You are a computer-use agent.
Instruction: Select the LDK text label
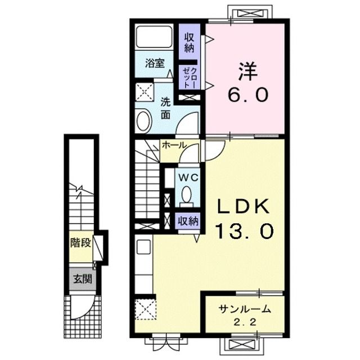click(244, 208)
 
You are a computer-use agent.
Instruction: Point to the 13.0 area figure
click(244, 230)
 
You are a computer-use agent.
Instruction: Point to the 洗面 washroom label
click(166, 109)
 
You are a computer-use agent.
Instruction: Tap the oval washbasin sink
click(144, 120)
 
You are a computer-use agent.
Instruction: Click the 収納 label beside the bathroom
click(189, 42)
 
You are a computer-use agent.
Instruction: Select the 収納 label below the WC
click(188, 221)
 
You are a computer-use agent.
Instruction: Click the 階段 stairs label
click(80, 243)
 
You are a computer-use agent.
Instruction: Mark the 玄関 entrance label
click(80, 279)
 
